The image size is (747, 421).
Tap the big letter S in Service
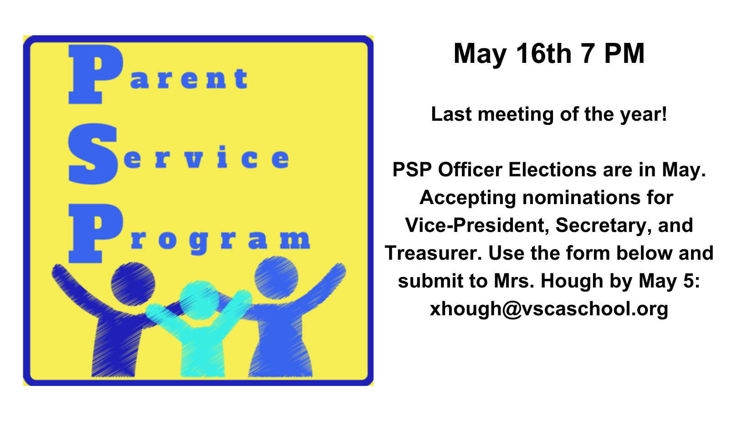93,154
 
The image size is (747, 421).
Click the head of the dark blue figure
133,284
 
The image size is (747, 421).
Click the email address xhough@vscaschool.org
549,309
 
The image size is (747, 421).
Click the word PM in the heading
624,53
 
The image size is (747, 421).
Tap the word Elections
553,169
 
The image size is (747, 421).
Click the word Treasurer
433,253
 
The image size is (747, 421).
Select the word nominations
581,197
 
